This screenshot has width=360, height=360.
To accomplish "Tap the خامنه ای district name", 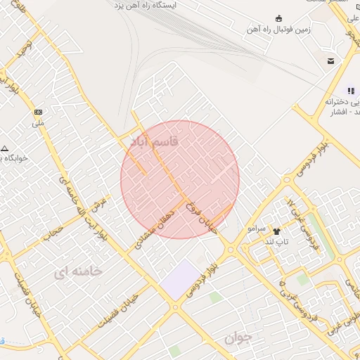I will [78, 271].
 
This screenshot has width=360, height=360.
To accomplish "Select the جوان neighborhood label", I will [238, 338].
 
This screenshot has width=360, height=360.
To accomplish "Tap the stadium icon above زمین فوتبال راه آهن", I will [280, 18].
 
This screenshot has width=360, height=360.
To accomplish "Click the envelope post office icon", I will [330, 62].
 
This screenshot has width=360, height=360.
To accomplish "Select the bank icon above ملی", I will [38, 112].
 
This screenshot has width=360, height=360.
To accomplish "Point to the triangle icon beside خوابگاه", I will [5, 149].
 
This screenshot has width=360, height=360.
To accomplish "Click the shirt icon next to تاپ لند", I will [276, 231].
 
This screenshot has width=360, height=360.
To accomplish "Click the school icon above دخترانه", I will [350, 90].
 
